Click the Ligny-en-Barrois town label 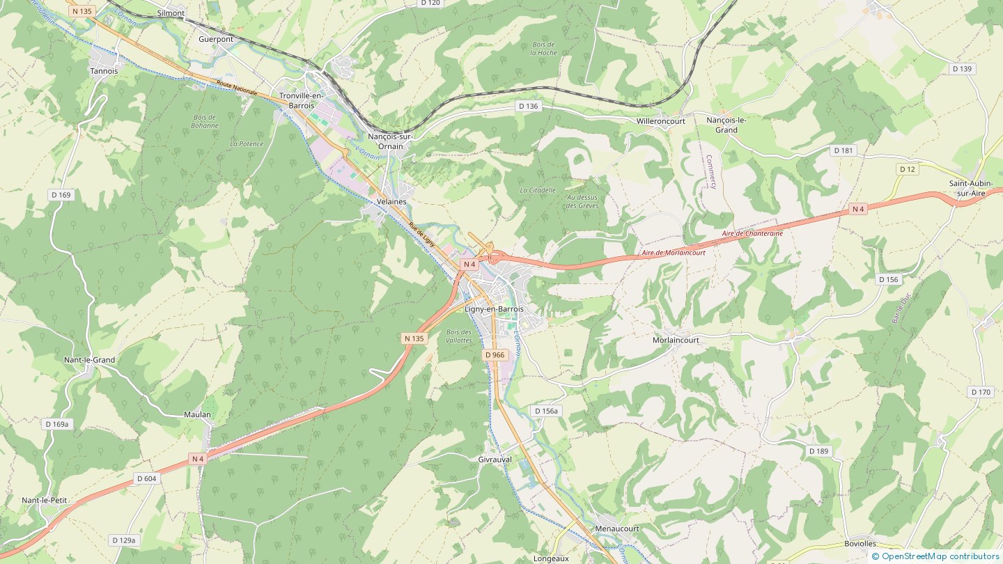tap(493, 308)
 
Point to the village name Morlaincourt tap(676, 340)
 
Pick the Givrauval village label tap(495, 460)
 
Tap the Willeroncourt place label tap(661, 121)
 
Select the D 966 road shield tap(494, 355)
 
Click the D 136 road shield tap(529, 106)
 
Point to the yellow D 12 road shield tap(907, 169)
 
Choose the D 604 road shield tap(147, 478)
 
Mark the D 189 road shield tap(819, 451)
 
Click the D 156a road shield tap(546, 411)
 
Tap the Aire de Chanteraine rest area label tap(752, 234)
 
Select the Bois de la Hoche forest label tap(543, 48)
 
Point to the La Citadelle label tap(538, 190)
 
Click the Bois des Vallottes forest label tap(458, 336)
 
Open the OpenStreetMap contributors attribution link tap(940, 556)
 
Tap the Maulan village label tap(197, 414)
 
